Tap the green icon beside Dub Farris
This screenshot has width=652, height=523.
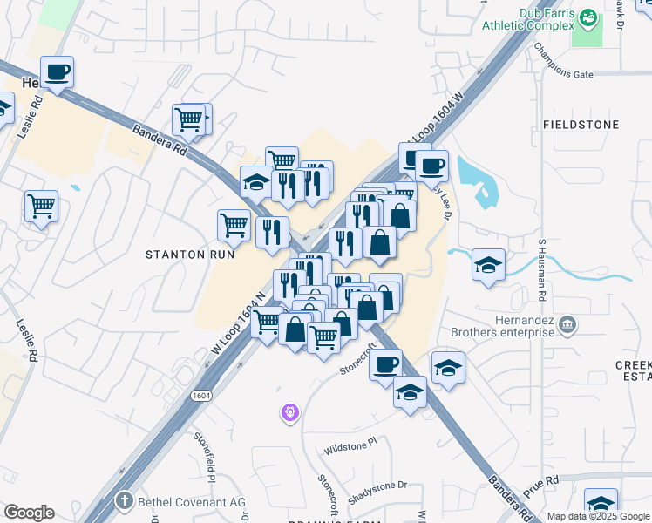point(588,17)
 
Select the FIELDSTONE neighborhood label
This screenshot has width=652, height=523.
point(581,125)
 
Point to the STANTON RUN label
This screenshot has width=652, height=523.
point(190,255)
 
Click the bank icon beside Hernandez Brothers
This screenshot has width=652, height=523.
point(568,326)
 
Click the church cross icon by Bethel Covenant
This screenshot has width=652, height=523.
point(125,501)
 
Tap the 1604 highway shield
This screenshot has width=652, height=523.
point(201,395)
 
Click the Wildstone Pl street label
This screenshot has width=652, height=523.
point(349,445)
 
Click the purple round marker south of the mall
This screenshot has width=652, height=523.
point(290,411)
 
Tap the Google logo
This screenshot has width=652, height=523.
point(29,512)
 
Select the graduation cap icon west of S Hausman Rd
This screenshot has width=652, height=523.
point(488,264)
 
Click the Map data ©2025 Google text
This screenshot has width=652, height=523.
point(598,516)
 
